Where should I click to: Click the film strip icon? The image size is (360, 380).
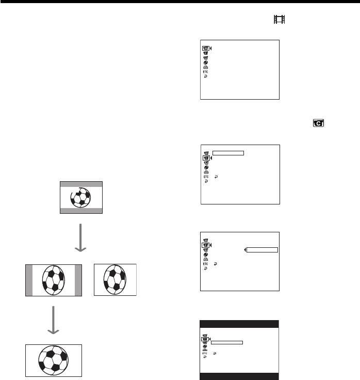click(x=279, y=20)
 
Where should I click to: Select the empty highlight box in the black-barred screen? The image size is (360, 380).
click(x=227, y=342)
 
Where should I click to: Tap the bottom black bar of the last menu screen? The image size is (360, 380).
click(x=239, y=376)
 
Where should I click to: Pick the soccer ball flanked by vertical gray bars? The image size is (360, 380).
click(x=54, y=279)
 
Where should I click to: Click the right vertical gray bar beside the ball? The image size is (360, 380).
click(x=78, y=280)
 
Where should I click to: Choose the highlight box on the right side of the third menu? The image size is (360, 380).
click(x=263, y=250)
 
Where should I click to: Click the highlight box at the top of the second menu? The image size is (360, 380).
click(x=228, y=153)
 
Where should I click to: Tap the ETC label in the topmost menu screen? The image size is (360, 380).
click(x=205, y=71)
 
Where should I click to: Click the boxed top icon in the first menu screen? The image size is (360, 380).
click(x=205, y=49)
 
